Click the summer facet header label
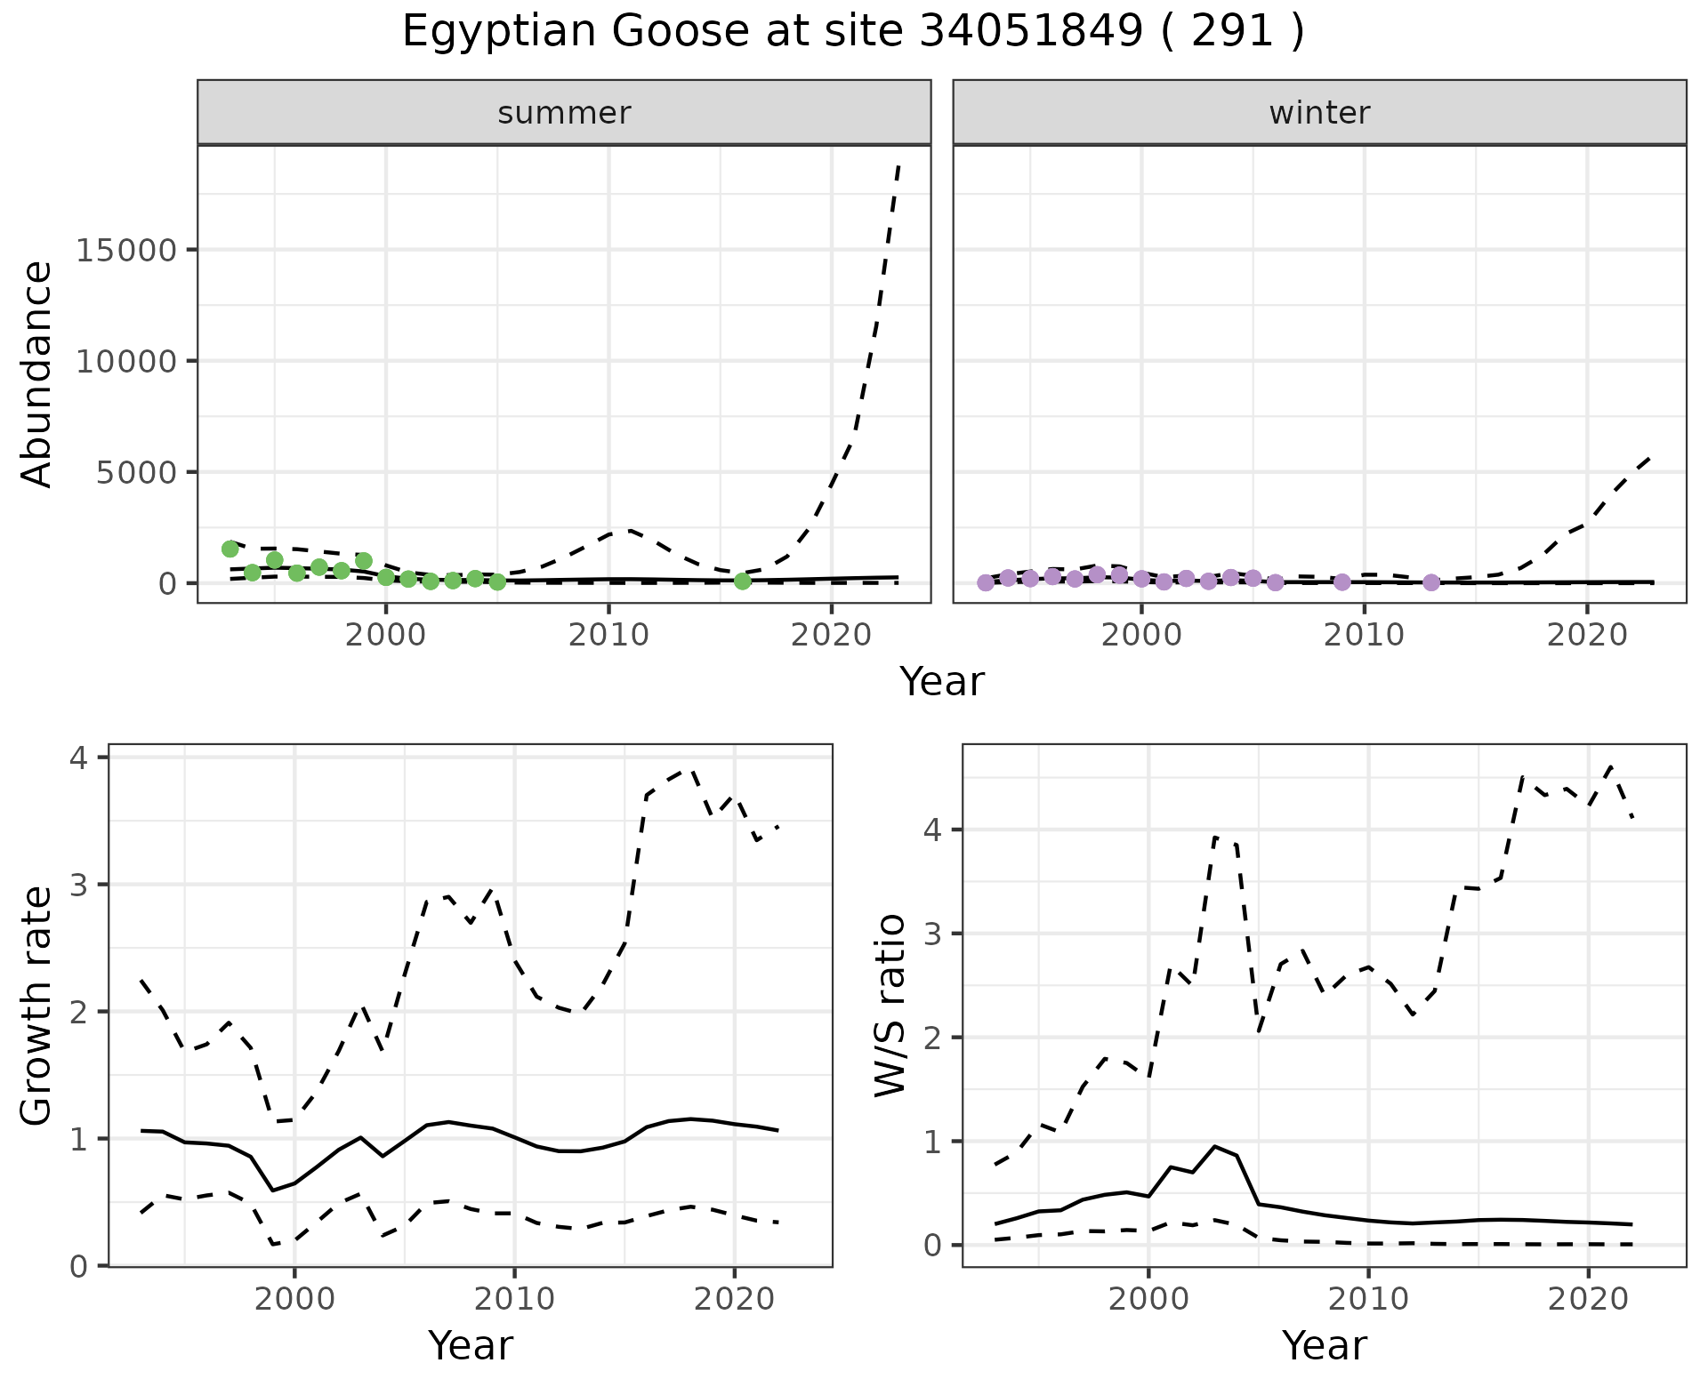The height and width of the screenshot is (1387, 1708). coord(564,113)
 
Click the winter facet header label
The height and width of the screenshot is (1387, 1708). coord(1319,113)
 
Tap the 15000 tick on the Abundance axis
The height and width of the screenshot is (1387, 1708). coord(126,250)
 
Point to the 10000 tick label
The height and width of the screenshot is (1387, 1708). coord(126,361)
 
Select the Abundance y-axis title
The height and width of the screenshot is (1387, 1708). coord(37,373)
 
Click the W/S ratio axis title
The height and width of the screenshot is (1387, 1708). coord(890,1005)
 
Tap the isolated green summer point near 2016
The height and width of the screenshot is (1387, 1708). coord(743,581)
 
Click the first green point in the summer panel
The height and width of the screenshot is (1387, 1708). coord(230,549)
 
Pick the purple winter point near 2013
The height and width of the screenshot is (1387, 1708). coord(1431,582)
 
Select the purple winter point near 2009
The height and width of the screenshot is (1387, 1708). coord(1342,582)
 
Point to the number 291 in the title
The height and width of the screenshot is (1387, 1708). coord(1232,32)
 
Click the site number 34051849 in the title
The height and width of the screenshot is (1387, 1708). coord(1030,32)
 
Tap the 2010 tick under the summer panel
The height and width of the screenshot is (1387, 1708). coord(608,635)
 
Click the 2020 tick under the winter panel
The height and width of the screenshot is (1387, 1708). coord(1587,635)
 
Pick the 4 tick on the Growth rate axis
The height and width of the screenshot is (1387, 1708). coord(80,758)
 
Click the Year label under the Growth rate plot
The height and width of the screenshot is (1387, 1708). coord(471,1345)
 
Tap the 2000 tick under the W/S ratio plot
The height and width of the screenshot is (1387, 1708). coord(1148,1299)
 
